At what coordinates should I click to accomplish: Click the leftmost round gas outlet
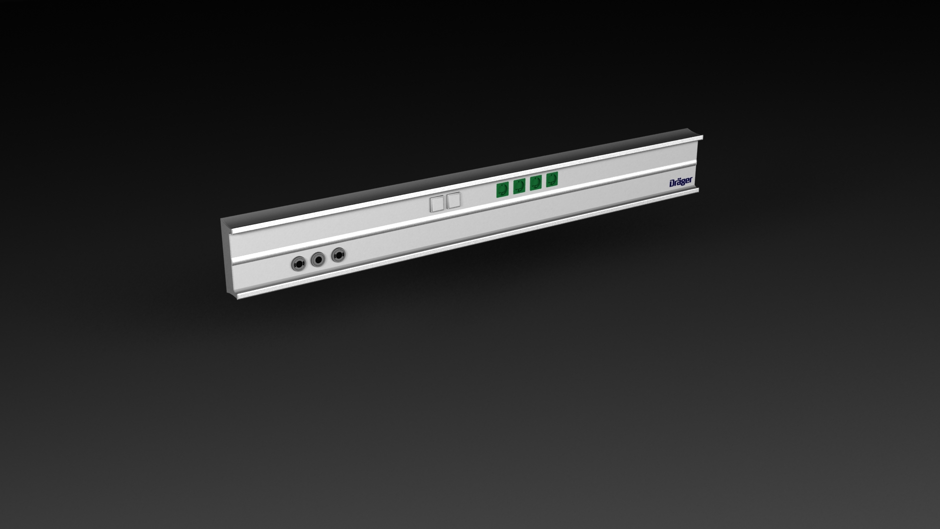point(298,264)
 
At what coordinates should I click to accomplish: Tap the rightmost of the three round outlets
point(338,255)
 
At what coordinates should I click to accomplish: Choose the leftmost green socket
point(502,190)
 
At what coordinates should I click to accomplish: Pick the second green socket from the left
point(519,186)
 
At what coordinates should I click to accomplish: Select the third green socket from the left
point(536,183)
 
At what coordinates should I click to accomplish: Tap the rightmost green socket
point(552,179)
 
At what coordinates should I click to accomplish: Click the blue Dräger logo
point(681,183)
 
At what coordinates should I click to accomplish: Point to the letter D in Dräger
point(672,184)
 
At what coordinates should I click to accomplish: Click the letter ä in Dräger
point(678,183)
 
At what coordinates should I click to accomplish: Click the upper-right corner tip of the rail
point(702,136)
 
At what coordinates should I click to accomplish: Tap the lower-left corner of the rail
point(238,298)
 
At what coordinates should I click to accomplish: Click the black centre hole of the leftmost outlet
point(298,264)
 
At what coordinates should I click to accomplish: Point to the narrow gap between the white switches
point(445,202)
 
